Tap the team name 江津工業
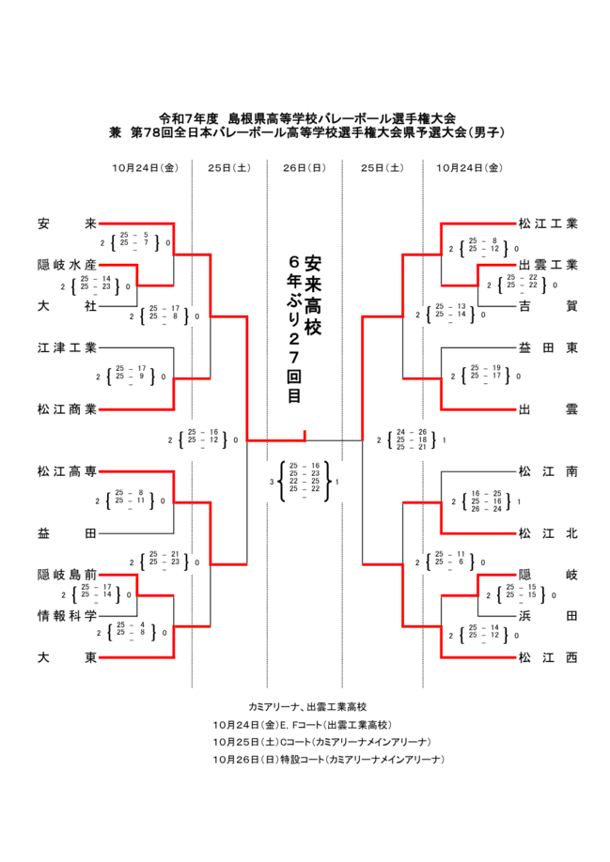point(67,347)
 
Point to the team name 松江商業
point(67,408)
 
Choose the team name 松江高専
point(67,470)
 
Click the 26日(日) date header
point(304,168)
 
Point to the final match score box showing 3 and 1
point(305,482)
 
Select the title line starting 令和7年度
point(306,118)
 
